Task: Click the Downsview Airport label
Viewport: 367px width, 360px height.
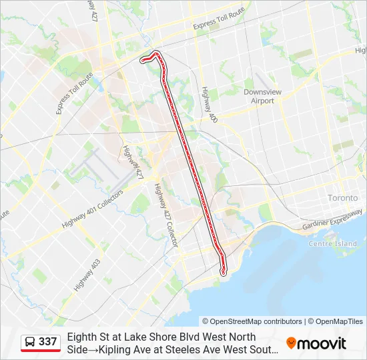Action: click(258, 96)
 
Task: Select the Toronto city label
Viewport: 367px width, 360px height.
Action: click(343, 198)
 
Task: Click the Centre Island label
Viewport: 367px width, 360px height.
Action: click(332, 244)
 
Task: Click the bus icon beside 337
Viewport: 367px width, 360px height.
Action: click(30, 342)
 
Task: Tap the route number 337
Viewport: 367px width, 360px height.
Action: click(48, 342)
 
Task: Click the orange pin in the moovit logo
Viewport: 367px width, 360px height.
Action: click(291, 343)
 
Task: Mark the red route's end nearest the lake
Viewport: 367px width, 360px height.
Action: click(224, 271)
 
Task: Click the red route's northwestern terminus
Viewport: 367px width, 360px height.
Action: click(142, 61)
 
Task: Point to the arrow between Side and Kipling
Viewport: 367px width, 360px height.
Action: click(93, 349)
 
